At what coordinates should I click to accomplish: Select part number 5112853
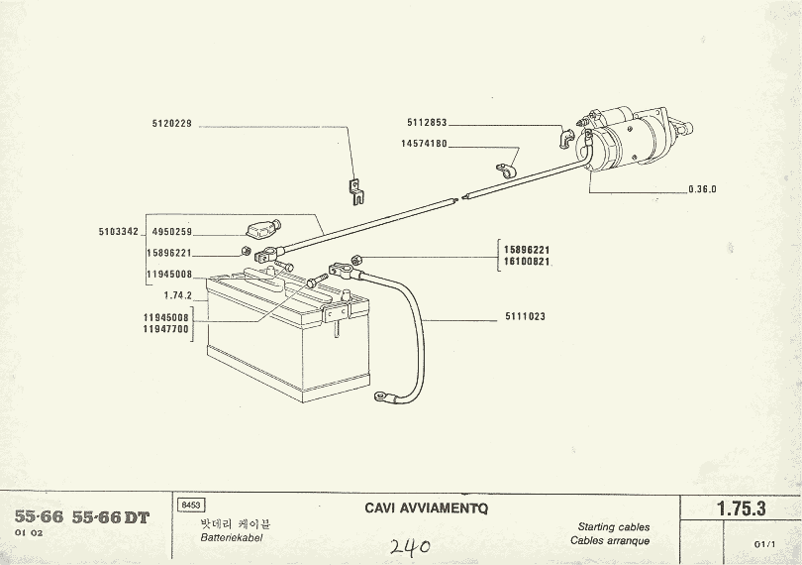click(427, 123)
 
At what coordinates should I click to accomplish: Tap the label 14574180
click(424, 144)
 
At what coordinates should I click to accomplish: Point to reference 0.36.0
click(702, 189)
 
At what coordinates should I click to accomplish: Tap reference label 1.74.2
click(177, 295)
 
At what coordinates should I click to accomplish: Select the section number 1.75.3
click(742, 508)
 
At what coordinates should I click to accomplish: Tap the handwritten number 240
click(408, 546)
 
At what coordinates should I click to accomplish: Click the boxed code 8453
click(188, 506)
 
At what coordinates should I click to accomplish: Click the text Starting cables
click(614, 526)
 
